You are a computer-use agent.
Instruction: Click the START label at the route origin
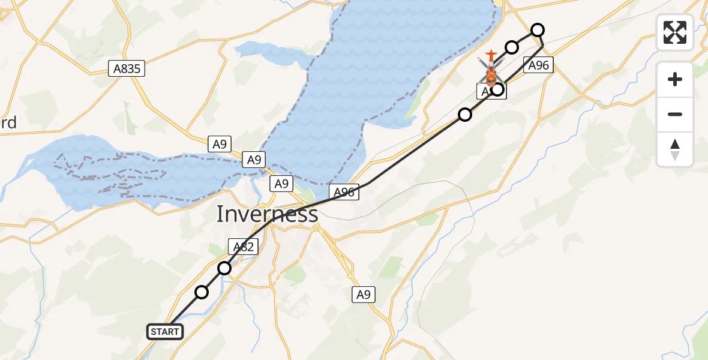tap(165, 332)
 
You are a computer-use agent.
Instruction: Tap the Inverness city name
tap(267, 214)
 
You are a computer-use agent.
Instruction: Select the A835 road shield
tap(127, 68)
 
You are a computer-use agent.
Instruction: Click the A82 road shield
tap(243, 247)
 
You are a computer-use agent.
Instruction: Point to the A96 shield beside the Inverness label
tap(344, 192)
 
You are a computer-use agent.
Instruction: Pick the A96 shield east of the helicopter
tap(538, 65)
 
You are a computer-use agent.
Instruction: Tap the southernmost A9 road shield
tap(364, 295)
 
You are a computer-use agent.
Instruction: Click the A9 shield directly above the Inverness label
tap(281, 184)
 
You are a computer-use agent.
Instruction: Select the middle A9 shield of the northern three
tap(254, 160)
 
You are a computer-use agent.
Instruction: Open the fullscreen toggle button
tap(675, 32)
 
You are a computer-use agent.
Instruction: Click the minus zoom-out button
tap(675, 114)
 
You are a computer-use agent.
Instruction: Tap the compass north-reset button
tap(675, 149)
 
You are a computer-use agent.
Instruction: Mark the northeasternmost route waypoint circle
tap(538, 30)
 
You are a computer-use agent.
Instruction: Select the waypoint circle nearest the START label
tap(202, 292)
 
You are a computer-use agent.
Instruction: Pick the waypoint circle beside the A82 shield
tap(224, 268)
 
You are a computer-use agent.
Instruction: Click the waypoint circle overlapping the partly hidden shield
tap(497, 90)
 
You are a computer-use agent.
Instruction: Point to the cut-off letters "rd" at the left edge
tap(8, 122)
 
